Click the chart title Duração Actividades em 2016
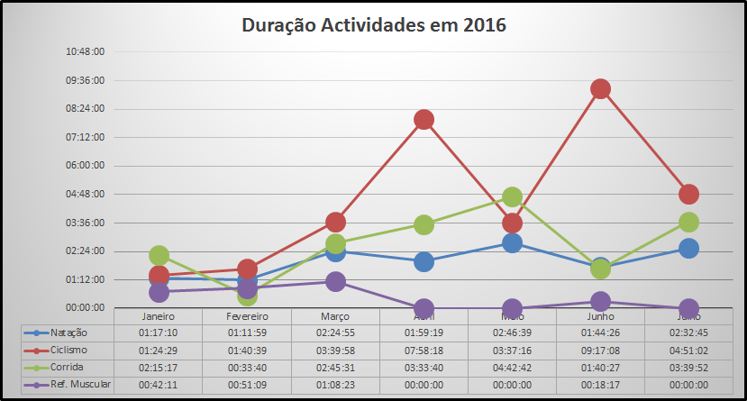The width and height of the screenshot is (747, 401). (x=373, y=25)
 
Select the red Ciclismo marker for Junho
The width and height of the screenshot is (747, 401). (x=600, y=88)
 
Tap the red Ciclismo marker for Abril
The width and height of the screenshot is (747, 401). (x=424, y=120)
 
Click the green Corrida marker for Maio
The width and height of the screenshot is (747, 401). (x=512, y=197)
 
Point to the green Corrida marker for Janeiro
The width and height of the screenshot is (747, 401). (x=159, y=256)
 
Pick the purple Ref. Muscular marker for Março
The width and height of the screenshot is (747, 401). (x=335, y=281)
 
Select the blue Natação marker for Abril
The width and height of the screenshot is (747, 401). (x=424, y=261)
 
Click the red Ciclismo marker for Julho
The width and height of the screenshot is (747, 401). (x=688, y=194)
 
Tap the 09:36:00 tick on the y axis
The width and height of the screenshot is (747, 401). (x=87, y=80)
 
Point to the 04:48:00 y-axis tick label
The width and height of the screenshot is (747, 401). (x=87, y=194)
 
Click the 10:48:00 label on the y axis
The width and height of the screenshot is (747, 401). (x=87, y=51)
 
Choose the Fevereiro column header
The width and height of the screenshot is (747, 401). (x=247, y=316)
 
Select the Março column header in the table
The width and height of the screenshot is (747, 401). (x=335, y=316)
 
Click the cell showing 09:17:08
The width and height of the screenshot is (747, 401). (x=600, y=350)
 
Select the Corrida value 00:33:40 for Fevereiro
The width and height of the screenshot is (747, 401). (x=247, y=368)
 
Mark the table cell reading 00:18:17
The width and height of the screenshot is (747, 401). (x=600, y=385)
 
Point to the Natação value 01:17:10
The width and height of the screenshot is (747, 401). (x=159, y=333)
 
